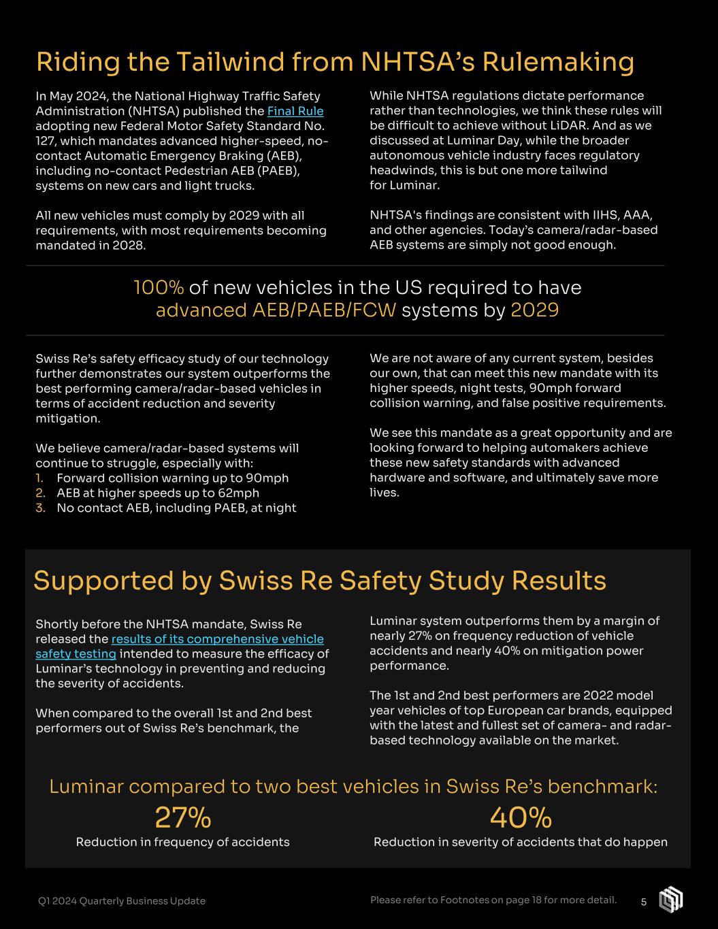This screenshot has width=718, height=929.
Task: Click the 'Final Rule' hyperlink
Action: click(295, 111)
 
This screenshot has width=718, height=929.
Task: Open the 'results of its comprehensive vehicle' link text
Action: click(217, 639)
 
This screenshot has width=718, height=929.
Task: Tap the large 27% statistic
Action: click(182, 817)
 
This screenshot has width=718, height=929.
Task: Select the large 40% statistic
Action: click(521, 817)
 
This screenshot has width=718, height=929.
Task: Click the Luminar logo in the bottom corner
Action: click(670, 900)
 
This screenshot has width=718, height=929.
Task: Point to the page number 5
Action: click(644, 902)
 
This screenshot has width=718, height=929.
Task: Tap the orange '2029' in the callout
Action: click(534, 310)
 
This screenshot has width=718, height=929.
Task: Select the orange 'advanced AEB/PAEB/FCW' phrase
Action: click(276, 310)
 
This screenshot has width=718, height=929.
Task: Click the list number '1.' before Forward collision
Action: click(40, 478)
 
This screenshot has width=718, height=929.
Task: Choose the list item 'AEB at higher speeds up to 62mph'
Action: click(158, 493)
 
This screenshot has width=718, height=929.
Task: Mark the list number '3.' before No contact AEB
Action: click(40, 508)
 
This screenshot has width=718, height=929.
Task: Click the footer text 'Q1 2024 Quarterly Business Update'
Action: click(121, 901)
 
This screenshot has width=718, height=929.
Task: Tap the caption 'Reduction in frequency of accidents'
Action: click(182, 843)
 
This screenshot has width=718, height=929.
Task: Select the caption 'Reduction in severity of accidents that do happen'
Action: click(521, 843)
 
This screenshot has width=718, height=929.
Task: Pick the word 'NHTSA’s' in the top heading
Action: click(417, 62)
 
